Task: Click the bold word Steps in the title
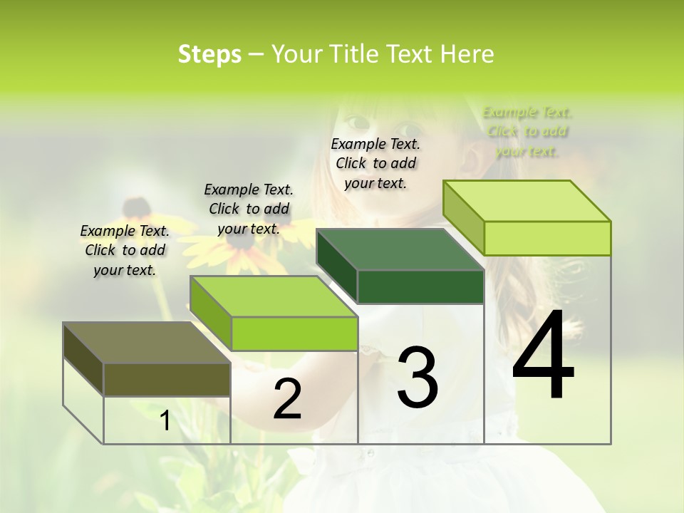[x=209, y=54]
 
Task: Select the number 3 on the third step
[x=418, y=377]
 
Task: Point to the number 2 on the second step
[x=287, y=399]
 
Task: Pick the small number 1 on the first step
[x=165, y=421]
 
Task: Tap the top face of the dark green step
[x=400, y=249]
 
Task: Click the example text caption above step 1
[x=125, y=250]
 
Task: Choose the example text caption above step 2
[x=249, y=209]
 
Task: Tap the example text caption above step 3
[x=375, y=163]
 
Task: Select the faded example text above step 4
[x=527, y=131]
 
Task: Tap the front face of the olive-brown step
[x=167, y=379]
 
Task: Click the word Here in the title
[x=468, y=54]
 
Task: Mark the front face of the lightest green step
[x=547, y=238]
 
